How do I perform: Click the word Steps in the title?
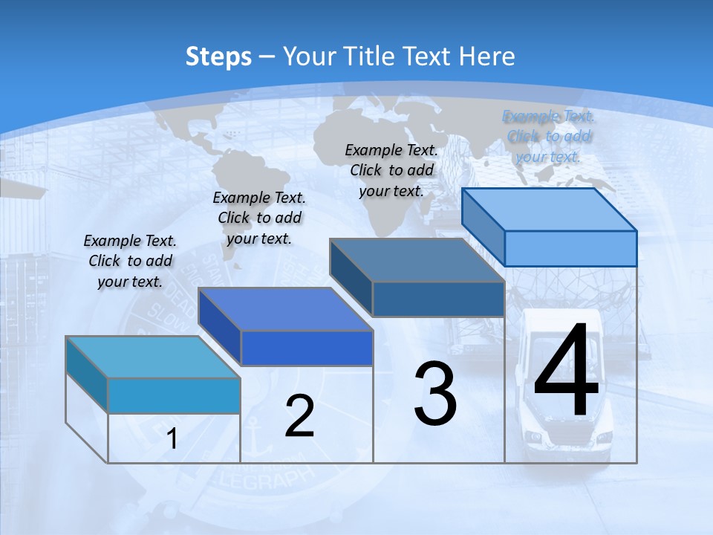[x=218, y=56]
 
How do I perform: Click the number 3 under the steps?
[x=435, y=393]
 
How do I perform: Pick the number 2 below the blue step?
[x=299, y=416]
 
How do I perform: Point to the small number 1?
[x=172, y=439]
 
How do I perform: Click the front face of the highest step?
[x=570, y=248]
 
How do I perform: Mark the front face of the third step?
[x=438, y=299]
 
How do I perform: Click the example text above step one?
[x=130, y=261]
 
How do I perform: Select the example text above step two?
[x=259, y=218]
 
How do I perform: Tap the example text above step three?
[x=391, y=170]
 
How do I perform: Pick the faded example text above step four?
[x=548, y=136]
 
